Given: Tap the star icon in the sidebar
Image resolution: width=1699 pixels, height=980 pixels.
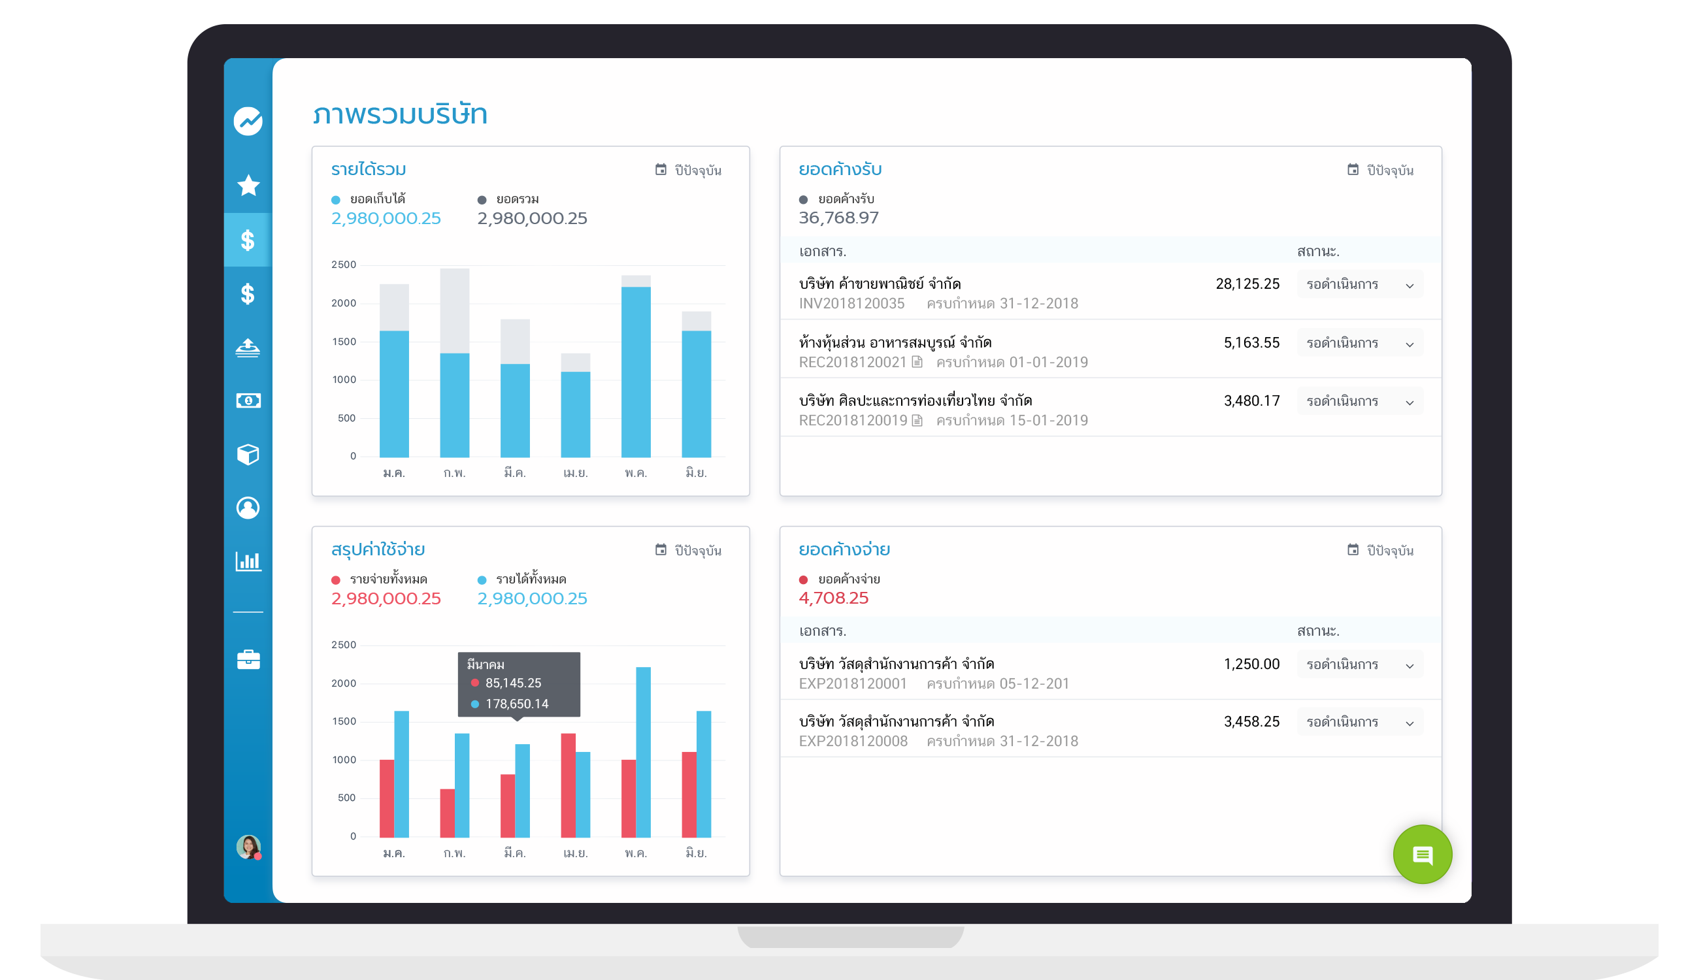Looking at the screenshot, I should click(x=248, y=185).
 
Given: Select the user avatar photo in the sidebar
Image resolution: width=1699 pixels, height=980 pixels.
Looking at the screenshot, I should click(x=248, y=846).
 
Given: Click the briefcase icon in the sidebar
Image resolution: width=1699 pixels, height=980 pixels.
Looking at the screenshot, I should click(x=248, y=660).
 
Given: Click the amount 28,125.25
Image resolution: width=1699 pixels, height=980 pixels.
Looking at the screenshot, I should click(x=1247, y=284).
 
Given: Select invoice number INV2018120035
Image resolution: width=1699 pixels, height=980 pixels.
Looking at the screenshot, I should click(x=851, y=304).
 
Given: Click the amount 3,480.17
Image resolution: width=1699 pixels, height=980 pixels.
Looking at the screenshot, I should click(x=1251, y=401).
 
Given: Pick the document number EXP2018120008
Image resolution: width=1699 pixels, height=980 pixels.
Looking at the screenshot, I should click(x=852, y=741).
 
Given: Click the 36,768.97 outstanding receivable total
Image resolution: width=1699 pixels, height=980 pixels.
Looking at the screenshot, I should click(x=838, y=218).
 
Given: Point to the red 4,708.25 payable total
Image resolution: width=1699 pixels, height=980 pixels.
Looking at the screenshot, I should click(x=833, y=598).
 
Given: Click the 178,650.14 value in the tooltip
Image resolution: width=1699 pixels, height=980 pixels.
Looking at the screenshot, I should click(x=516, y=704).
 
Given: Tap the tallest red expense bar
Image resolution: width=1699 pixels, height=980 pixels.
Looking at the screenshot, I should click(x=567, y=784).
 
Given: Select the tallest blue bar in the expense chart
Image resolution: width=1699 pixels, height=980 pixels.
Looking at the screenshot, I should click(x=643, y=752).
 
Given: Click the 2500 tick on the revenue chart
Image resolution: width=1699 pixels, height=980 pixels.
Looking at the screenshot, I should click(x=343, y=265).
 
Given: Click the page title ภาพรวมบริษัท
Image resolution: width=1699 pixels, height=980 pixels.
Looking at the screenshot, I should click(x=399, y=114).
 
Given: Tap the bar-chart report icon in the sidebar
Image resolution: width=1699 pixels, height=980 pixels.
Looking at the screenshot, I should click(x=248, y=561).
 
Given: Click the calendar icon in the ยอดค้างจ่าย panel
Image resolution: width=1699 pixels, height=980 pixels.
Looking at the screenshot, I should click(x=1351, y=550).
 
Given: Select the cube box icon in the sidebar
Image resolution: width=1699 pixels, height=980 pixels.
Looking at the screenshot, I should click(x=248, y=454).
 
